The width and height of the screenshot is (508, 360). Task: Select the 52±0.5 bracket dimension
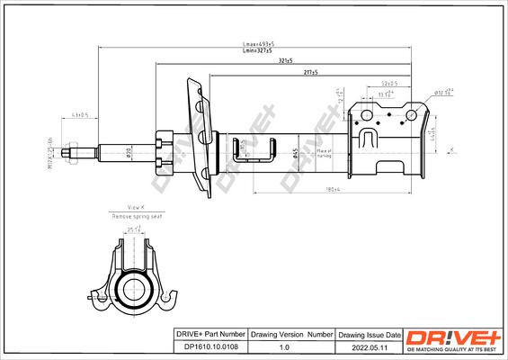click(x=388, y=84)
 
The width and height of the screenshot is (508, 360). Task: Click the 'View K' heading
click(x=136, y=207)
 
